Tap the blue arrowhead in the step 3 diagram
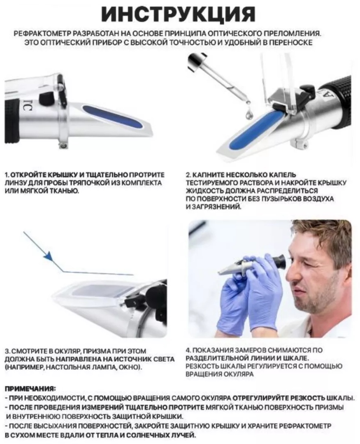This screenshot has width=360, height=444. click(x=49, y=256)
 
